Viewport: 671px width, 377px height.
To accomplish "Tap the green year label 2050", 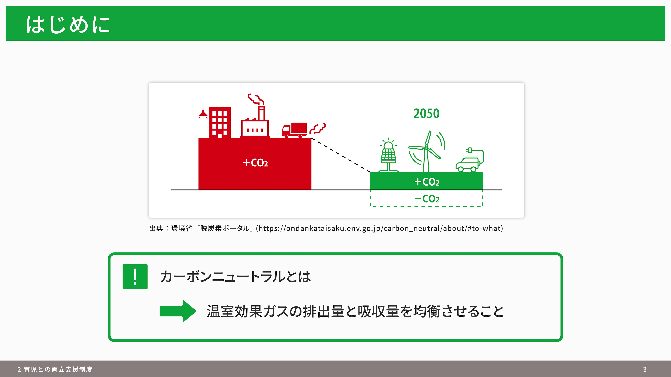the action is (x=426, y=114).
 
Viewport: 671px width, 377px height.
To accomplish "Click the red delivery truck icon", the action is (x=294, y=130).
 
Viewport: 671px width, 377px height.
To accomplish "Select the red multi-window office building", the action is (x=220, y=123).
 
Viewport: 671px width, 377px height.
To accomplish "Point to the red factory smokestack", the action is (x=261, y=113).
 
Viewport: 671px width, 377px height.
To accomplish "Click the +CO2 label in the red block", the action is (x=255, y=163).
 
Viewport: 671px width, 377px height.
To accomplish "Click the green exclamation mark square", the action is (x=135, y=277).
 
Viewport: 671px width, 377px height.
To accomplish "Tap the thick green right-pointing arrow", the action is (x=178, y=311).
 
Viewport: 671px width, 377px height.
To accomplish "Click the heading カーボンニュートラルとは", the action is (x=236, y=276).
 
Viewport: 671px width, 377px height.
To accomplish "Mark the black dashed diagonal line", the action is (x=341, y=155).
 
